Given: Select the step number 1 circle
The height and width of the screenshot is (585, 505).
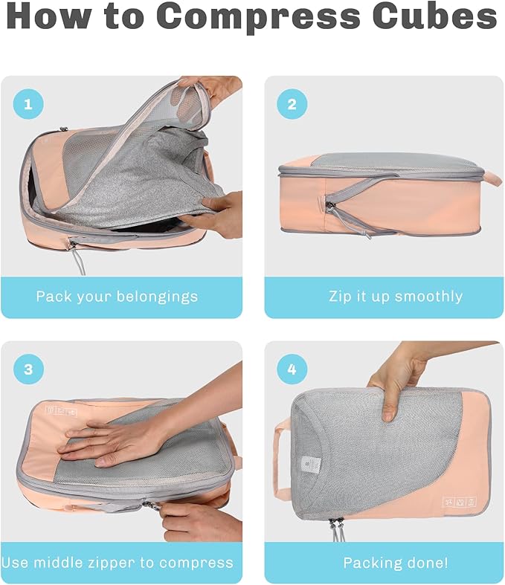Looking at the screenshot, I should point(28,105).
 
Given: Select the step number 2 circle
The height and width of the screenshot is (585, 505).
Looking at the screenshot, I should point(292,105).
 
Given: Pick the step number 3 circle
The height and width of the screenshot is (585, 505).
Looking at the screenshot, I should point(28,369).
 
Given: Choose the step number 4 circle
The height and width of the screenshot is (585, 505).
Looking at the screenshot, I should point(292,369).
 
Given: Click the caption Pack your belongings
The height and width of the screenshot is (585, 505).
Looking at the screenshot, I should point(118,297).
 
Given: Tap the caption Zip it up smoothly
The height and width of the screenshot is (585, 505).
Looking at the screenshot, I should point(395,297).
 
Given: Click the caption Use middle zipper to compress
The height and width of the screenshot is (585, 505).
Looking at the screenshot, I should point(118,563).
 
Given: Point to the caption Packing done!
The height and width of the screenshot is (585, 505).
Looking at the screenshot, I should point(395,563).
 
